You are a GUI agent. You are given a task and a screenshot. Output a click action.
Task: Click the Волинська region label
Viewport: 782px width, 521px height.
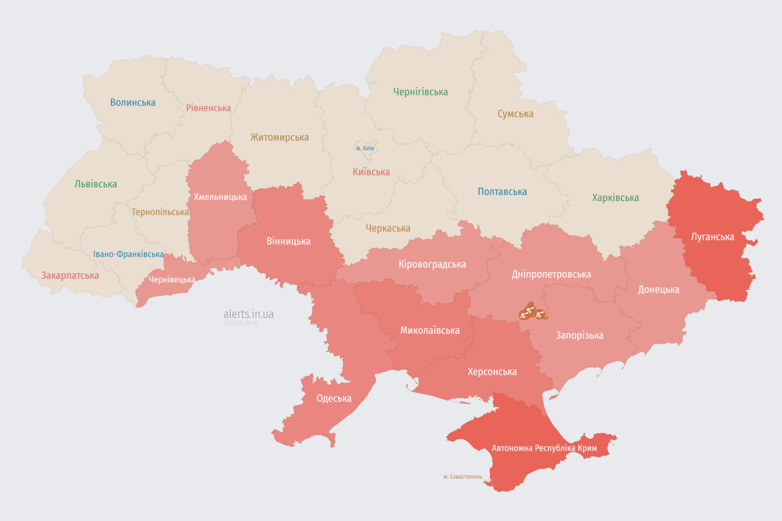(x=133, y=102)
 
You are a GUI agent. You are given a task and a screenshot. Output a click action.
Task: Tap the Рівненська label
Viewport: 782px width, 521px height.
(x=208, y=108)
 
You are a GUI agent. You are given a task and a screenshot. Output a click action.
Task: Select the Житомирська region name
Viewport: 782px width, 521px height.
(x=279, y=137)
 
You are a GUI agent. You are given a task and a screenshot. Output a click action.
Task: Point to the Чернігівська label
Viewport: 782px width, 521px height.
(x=420, y=92)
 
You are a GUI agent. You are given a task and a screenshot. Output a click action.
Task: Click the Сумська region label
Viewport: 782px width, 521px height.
(x=515, y=114)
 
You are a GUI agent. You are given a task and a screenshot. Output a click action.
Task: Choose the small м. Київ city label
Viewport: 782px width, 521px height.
(x=365, y=148)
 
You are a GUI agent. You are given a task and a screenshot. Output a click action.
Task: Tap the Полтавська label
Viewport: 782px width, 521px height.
(x=502, y=191)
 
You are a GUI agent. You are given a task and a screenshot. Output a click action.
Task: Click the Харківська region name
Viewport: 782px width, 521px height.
(x=615, y=197)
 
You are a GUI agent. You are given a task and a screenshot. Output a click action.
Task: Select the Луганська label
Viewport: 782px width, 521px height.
(x=712, y=237)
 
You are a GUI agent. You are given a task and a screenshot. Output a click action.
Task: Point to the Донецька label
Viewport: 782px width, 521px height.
(x=658, y=290)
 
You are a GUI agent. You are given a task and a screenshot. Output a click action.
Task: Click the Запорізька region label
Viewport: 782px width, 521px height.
(x=579, y=335)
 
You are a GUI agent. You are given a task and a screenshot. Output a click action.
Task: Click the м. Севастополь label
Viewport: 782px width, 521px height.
(x=462, y=476)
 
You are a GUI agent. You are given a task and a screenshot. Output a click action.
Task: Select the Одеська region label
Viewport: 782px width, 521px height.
(x=334, y=398)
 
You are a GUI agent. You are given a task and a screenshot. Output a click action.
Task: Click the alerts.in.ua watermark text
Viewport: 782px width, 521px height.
(x=248, y=314)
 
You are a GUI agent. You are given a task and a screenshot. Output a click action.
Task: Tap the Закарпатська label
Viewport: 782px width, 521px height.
(x=70, y=275)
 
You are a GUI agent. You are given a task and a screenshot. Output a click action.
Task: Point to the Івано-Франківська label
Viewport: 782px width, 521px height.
(x=128, y=254)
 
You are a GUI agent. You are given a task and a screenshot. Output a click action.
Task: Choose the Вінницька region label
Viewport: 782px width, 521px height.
(x=288, y=241)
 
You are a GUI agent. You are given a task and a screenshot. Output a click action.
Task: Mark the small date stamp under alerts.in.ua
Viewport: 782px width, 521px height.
(x=240, y=324)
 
